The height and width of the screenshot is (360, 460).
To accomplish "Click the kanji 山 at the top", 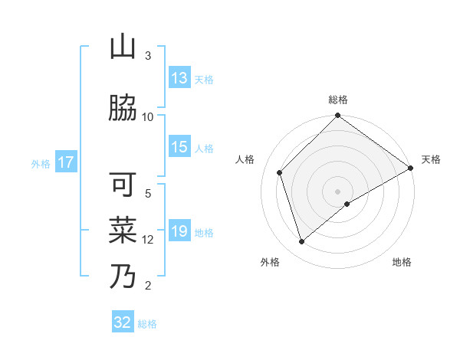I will point(123,48).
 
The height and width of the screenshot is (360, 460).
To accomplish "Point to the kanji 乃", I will point(123,276).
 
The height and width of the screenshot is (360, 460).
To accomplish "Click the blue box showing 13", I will point(179,78).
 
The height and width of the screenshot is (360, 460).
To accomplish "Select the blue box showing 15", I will point(179,147).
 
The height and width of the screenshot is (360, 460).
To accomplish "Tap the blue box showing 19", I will point(179,231).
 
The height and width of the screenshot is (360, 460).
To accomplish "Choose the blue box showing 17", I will point(65,162).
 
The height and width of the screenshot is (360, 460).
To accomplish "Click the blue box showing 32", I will point(123,322).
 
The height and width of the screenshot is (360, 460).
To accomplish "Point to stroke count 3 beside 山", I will point(148,56).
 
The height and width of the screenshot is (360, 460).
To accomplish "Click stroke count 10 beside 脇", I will point(148,116).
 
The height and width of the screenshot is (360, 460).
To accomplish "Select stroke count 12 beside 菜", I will point(148,239).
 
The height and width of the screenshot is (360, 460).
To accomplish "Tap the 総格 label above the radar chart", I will point(338,100).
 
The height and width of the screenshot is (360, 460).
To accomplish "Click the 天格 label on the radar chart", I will point(431,159).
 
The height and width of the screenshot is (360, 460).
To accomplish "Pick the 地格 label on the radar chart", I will point(402,262).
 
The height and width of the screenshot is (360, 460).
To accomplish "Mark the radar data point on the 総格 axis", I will point(337,116).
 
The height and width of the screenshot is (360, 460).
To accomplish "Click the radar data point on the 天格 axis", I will point(411,168).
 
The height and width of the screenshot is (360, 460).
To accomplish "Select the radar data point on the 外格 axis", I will point(301,242).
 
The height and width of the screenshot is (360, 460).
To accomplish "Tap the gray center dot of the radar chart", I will point(337,191).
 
